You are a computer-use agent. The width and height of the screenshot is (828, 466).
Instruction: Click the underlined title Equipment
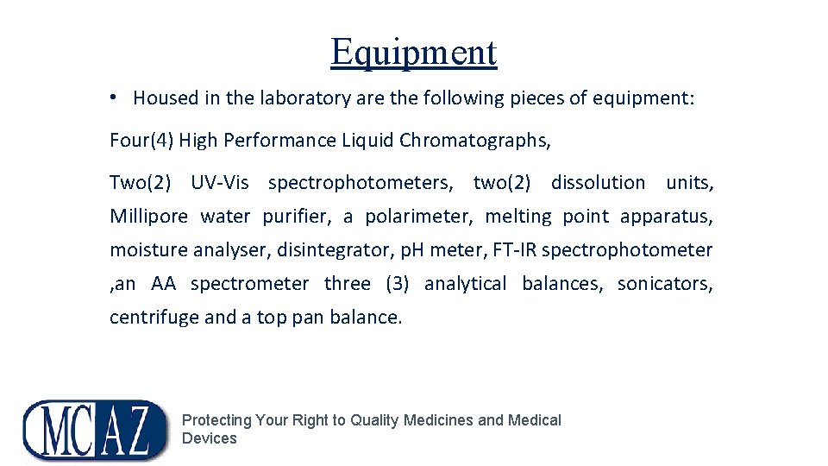[x=413, y=52]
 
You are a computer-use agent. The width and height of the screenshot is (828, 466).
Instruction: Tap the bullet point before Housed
[x=115, y=98]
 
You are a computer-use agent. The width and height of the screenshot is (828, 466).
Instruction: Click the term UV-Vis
[x=220, y=183]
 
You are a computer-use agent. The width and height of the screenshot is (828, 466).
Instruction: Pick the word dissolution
[x=598, y=183]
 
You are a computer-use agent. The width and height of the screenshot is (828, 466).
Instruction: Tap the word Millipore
[x=148, y=217]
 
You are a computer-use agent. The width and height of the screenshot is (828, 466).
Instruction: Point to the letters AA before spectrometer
[x=163, y=284]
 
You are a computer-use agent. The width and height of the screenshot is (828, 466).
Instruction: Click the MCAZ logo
[x=95, y=429]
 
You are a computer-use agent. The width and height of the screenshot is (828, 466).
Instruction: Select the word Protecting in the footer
[x=216, y=420]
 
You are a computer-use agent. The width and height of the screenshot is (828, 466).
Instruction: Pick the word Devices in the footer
[x=209, y=438]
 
